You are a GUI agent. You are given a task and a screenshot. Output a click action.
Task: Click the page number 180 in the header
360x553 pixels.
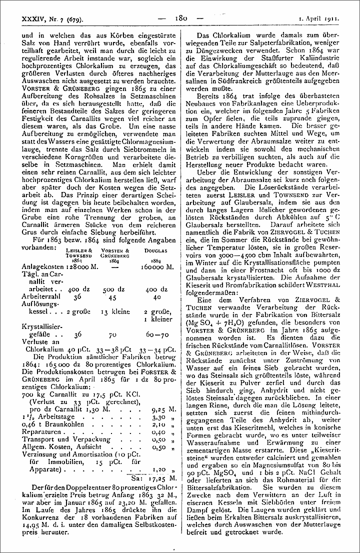click(181, 19)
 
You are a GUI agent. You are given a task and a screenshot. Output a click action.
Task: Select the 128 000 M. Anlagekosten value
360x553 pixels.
click(79, 267)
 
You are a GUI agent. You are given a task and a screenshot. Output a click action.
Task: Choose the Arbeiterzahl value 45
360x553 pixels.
click(112, 297)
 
